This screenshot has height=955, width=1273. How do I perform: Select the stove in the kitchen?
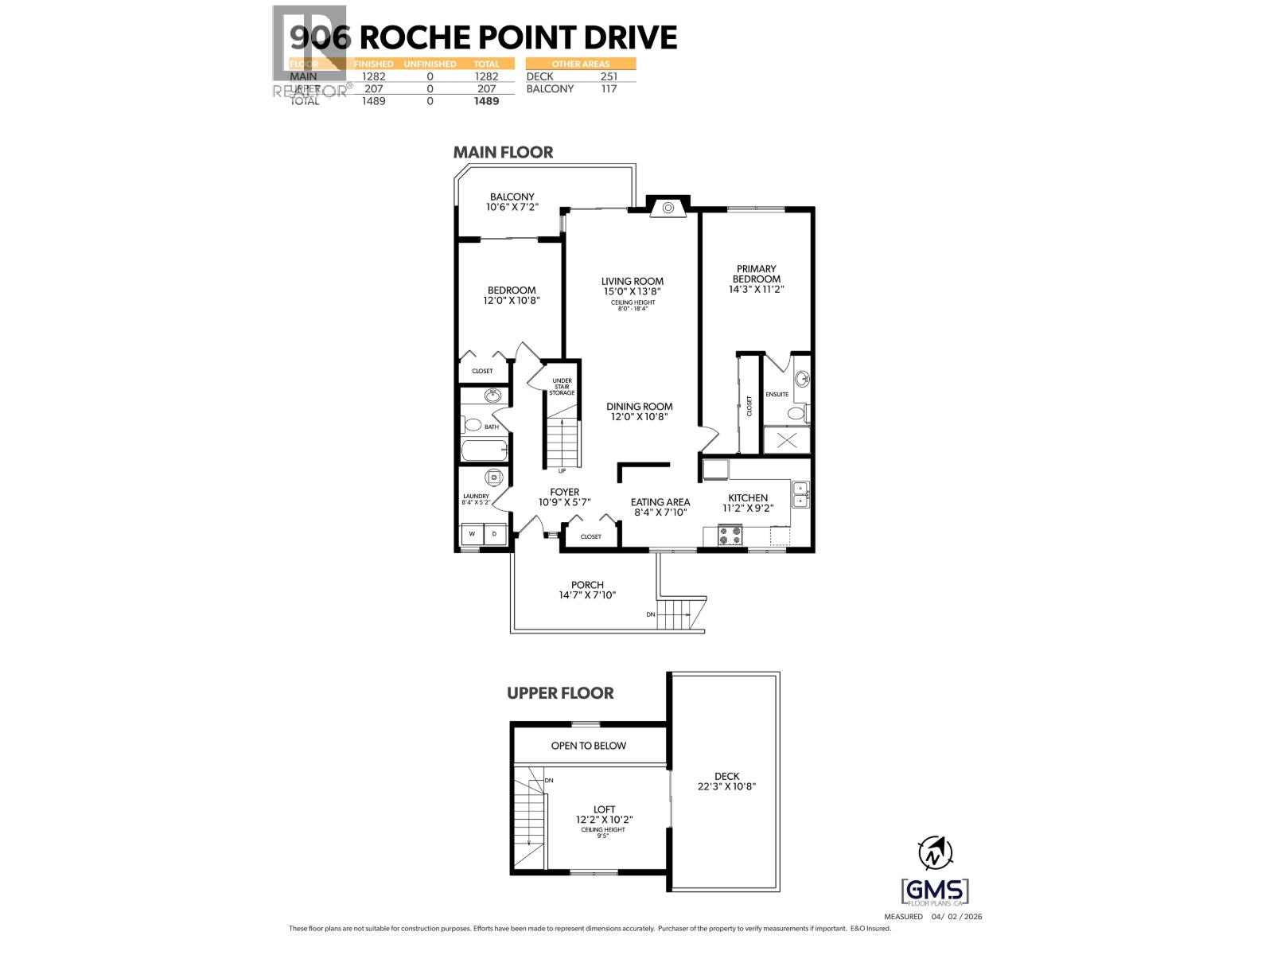click(x=730, y=536)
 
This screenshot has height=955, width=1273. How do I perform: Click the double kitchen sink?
click(x=800, y=495)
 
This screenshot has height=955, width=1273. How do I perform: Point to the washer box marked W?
click(x=472, y=534)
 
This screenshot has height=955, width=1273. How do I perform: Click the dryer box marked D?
click(x=495, y=534)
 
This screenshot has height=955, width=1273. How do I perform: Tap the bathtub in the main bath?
click(x=485, y=450)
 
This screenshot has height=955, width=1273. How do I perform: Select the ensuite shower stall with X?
click(x=786, y=440)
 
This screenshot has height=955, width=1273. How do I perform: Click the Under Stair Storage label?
click(x=562, y=387)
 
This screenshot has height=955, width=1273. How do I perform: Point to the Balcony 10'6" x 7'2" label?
click(x=512, y=201)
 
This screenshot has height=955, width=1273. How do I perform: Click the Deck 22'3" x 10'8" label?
click(x=726, y=781)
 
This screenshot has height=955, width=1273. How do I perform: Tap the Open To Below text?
click(x=588, y=746)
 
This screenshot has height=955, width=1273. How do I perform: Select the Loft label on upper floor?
click(x=604, y=814)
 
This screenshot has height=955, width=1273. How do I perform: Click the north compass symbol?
click(x=936, y=854)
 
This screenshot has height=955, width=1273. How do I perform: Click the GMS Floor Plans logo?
click(x=936, y=892)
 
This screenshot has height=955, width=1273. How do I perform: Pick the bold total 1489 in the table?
click(x=486, y=101)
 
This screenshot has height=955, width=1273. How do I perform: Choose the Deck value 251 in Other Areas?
click(x=609, y=76)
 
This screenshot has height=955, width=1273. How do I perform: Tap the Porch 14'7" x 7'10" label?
click(x=587, y=590)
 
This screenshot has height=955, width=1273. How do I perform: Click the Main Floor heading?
click(x=503, y=152)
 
